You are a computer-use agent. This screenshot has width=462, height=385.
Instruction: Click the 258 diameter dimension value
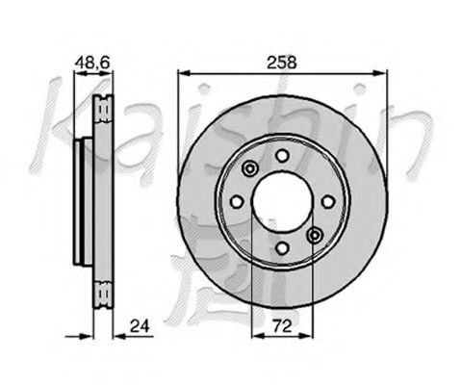282,63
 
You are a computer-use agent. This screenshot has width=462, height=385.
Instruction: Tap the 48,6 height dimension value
92,63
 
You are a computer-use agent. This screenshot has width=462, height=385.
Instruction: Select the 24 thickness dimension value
140,326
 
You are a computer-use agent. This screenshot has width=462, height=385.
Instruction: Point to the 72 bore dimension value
283,326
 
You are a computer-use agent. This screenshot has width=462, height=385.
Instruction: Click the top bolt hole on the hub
282,156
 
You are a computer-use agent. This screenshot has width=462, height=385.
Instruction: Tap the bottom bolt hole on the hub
282,247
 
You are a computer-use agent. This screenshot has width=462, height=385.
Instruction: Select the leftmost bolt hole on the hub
237,202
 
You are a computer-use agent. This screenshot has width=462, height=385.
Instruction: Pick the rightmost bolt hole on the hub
328,202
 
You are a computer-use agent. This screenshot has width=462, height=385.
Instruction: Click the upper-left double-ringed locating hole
250,168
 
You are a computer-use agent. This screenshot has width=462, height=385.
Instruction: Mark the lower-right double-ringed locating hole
315,236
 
